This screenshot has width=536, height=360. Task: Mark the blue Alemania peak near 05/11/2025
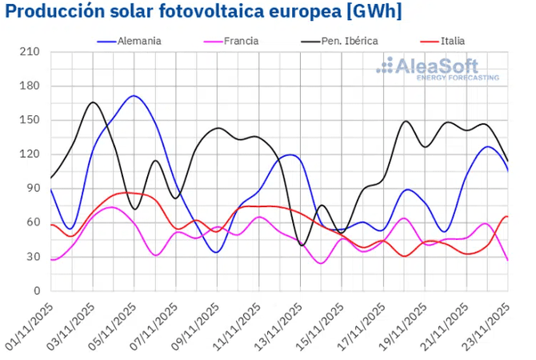[134, 96]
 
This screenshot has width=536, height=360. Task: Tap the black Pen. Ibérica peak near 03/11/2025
[93, 102]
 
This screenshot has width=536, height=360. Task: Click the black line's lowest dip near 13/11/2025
[302, 245]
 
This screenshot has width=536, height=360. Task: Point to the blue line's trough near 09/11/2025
[216, 252]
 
